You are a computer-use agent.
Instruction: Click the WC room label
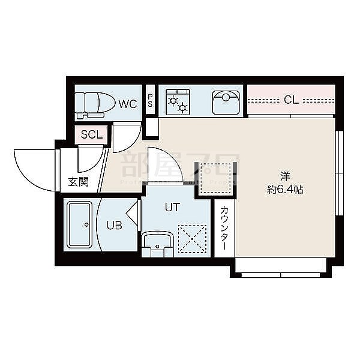click(127, 104)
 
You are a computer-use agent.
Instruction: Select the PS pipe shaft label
click(150, 102)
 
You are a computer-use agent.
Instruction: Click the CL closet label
click(292, 100)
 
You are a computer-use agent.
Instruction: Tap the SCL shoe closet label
click(92, 135)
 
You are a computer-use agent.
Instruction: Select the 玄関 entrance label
click(78, 182)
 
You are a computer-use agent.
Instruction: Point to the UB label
click(115, 226)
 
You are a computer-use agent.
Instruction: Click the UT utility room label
click(172, 208)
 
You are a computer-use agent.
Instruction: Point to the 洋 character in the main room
click(285, 176)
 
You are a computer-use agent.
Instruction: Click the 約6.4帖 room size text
click(285, 190)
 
